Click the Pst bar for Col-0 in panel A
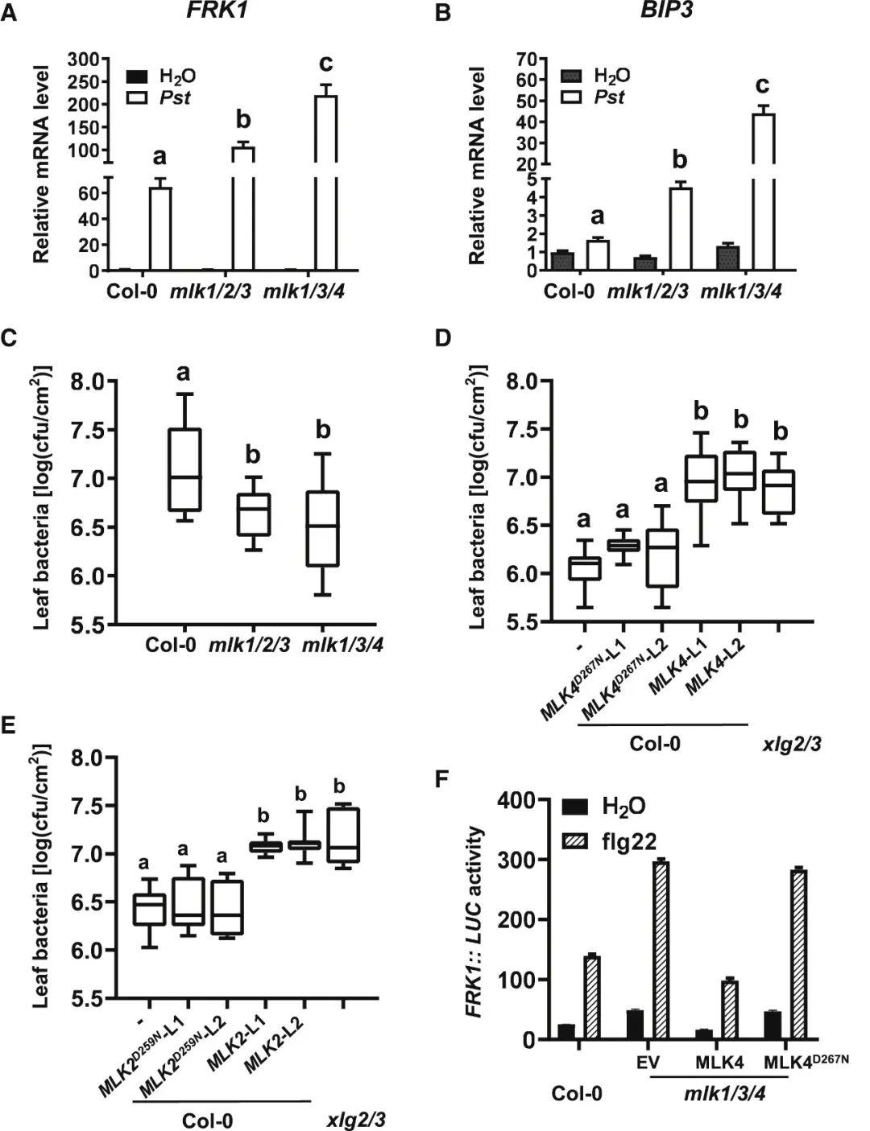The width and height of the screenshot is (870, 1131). tap(161, 229)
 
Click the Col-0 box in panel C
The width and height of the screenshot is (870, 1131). tap(184, 469)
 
